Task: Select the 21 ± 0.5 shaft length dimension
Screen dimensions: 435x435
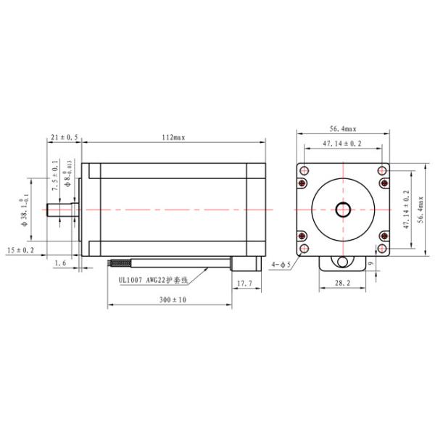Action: click(65, 138)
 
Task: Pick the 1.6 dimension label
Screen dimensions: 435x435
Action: click(60, 264)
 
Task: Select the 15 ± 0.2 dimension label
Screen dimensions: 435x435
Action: click(21, 250)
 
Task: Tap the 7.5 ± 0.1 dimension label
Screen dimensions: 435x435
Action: click(54, 178)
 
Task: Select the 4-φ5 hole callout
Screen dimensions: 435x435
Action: click(281, 265)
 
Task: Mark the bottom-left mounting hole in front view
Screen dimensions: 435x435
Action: click(304, 236)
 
